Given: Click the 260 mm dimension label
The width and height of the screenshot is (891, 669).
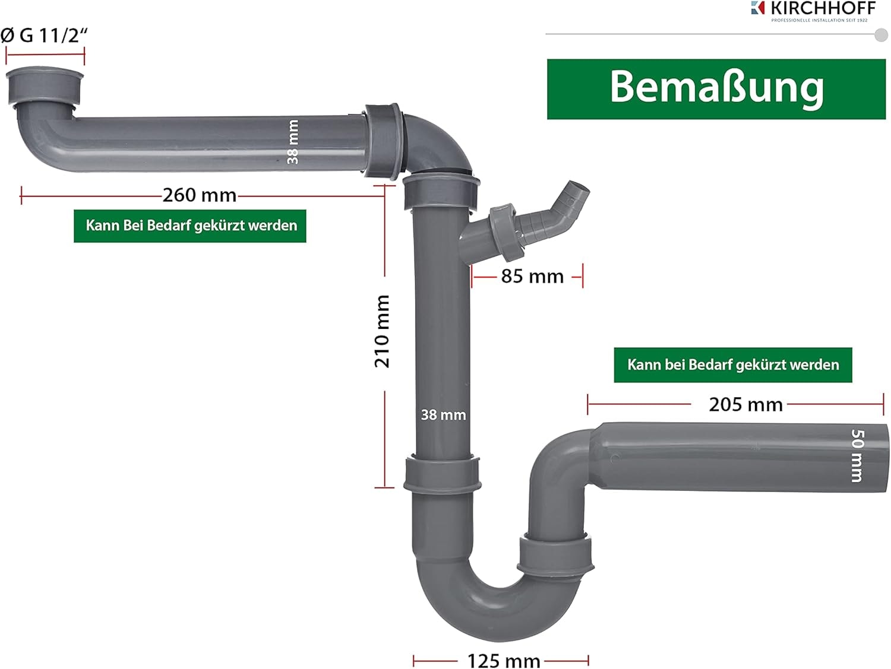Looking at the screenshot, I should click(x=199, y=195).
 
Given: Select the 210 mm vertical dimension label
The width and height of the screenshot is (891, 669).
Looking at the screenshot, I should click(x=383, y=331).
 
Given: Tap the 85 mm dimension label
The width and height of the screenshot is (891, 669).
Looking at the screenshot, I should click(x=532, y=276).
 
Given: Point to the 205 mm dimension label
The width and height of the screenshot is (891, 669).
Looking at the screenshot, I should click(x=745, y=404).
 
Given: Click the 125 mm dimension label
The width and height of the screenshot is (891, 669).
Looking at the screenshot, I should click(x=503, y=660).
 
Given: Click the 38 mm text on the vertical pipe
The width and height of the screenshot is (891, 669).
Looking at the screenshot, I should click(x=443, y=415).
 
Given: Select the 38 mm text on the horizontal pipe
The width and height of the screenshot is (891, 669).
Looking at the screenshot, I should click(x=293, y=142).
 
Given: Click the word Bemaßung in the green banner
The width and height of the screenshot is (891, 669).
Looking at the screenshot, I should click(x=716, y=88).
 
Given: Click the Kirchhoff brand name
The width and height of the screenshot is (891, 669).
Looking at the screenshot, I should click(x=823, y=8).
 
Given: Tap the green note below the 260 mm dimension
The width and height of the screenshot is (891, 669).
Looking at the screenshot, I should click(x=191, y=226).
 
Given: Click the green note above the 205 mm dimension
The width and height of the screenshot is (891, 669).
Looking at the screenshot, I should click(x=733, y=364).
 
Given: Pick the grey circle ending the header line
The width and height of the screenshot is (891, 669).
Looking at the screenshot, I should click(x=881, y=34).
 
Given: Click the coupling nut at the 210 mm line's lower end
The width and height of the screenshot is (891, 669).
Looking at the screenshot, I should click(x=442, y=473).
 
